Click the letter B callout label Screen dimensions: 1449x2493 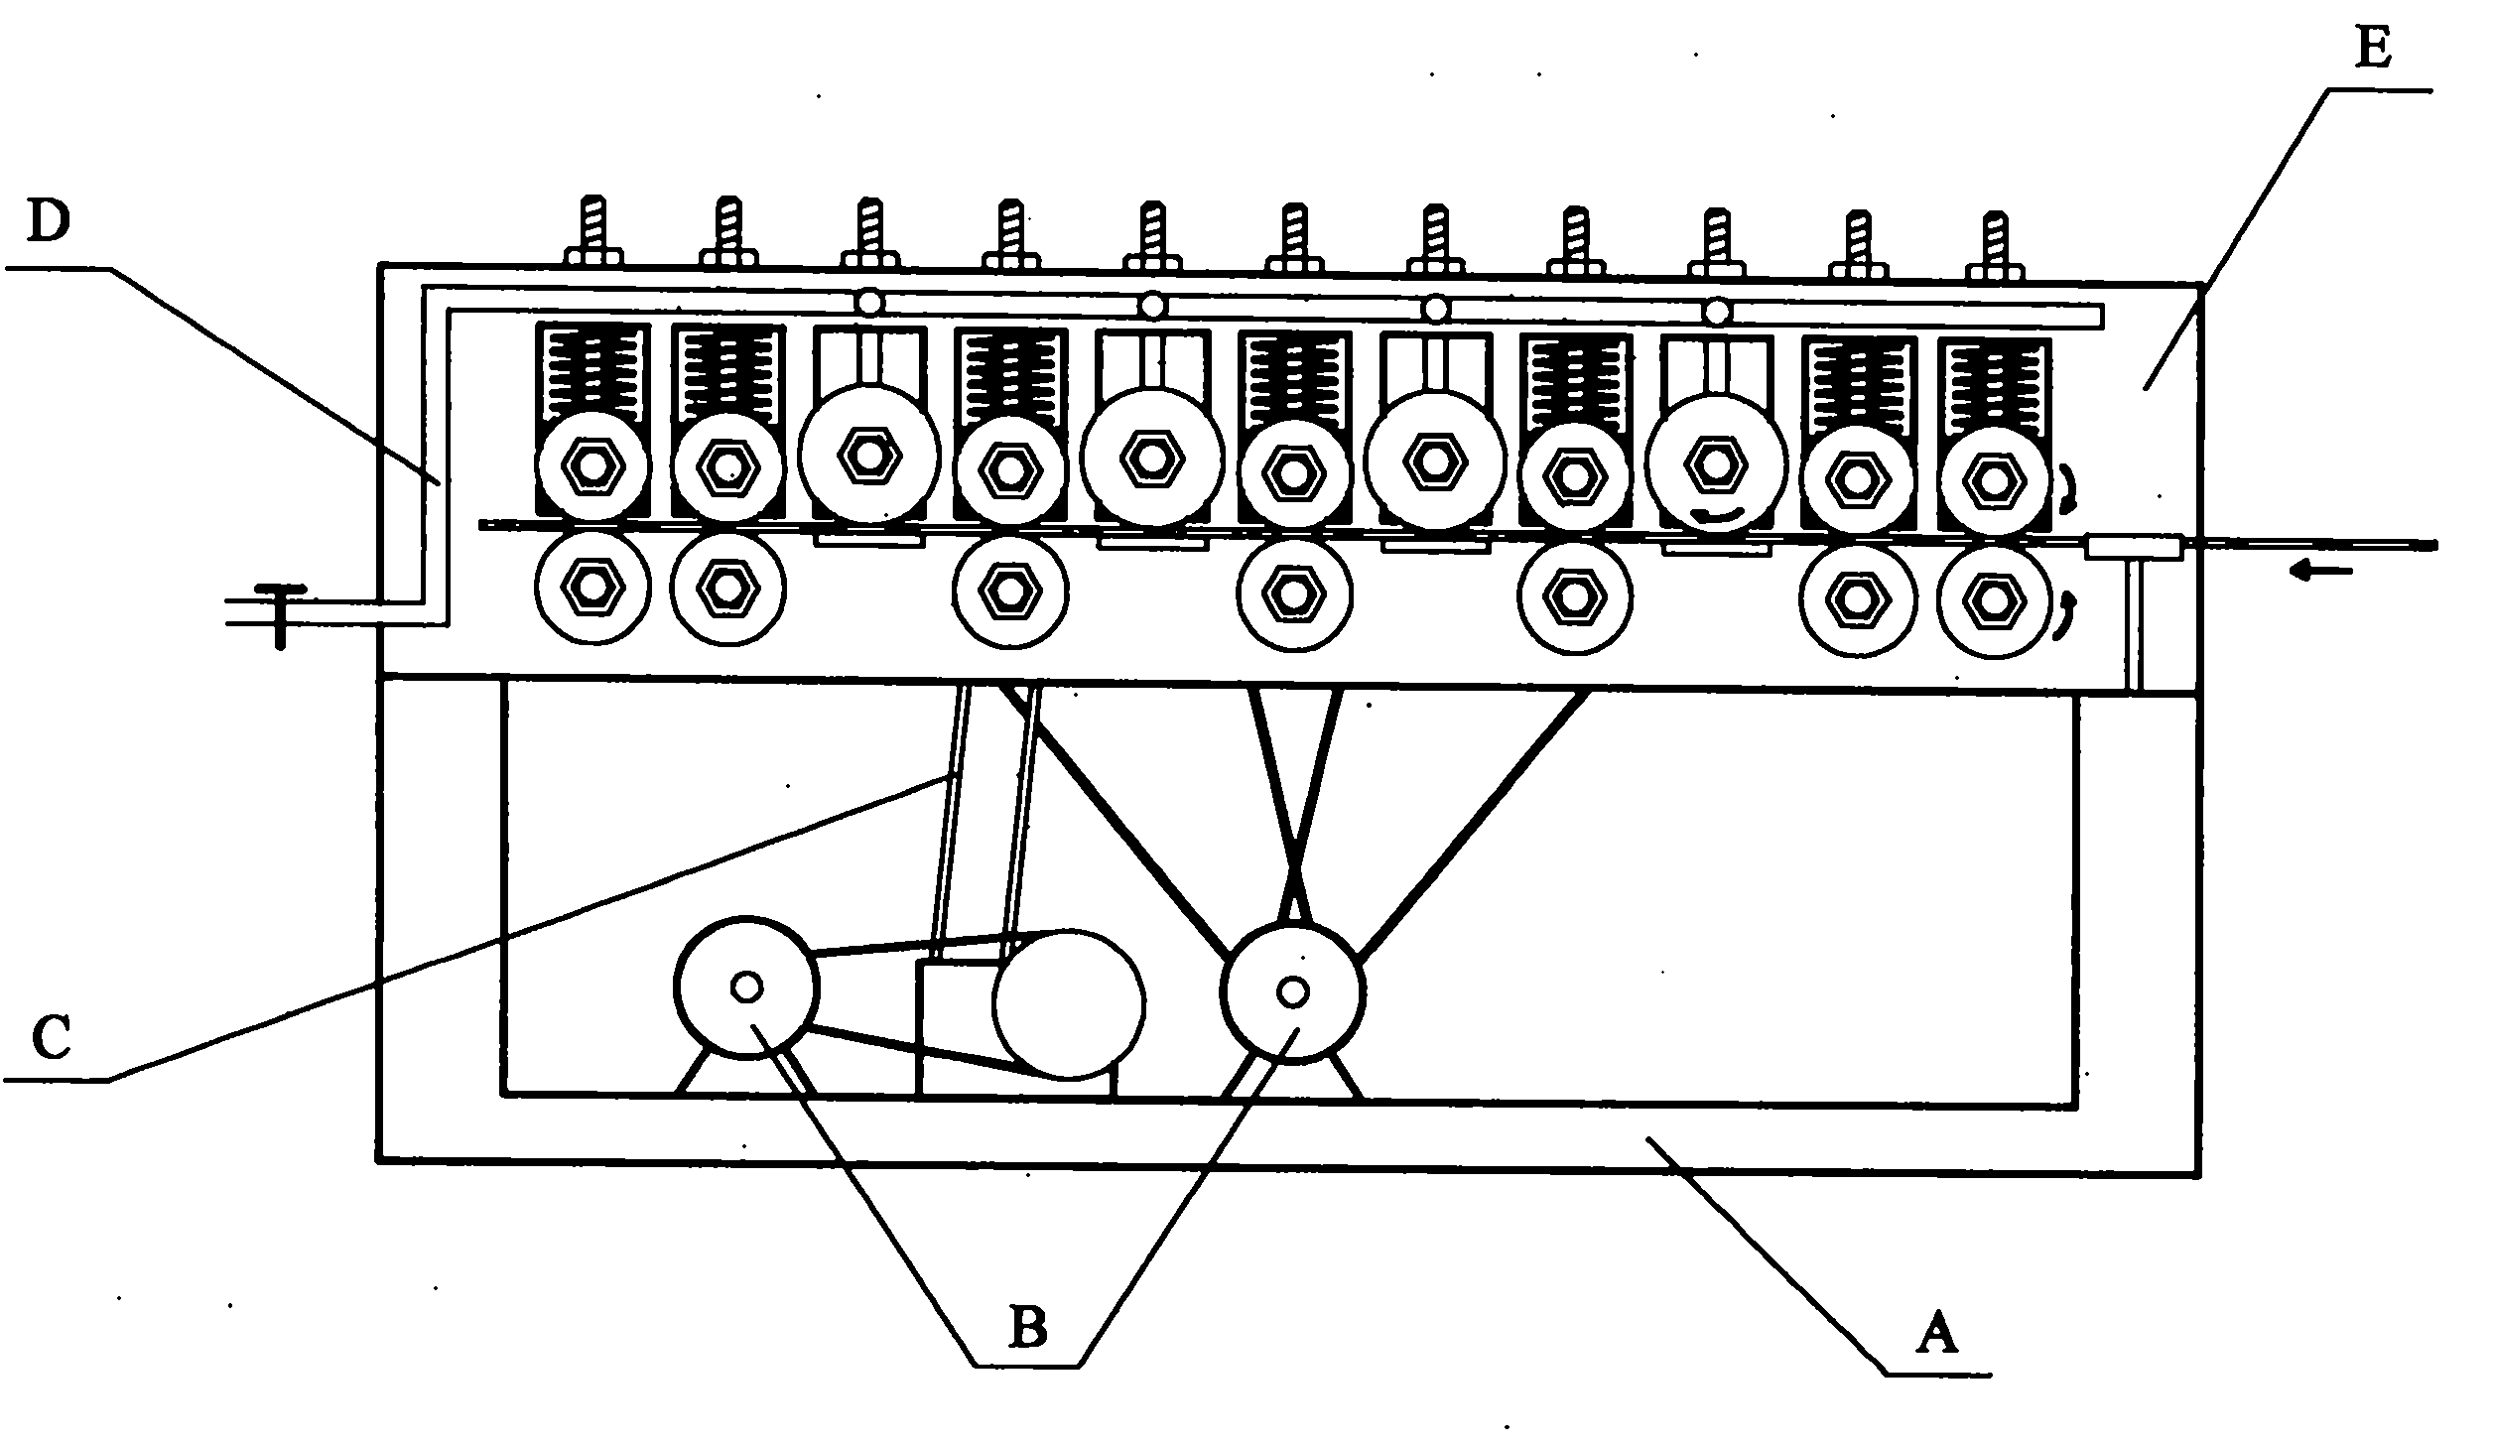pos(1028,1327)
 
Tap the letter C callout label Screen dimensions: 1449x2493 pos(51,1038)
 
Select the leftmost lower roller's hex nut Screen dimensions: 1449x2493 pos(592,588)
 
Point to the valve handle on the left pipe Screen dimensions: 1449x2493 pos(280,613)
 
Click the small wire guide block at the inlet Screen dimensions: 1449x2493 pos(2134,546)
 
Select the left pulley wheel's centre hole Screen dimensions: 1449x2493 pos(746,987)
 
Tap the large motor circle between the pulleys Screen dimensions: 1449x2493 pos(1069,1003)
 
